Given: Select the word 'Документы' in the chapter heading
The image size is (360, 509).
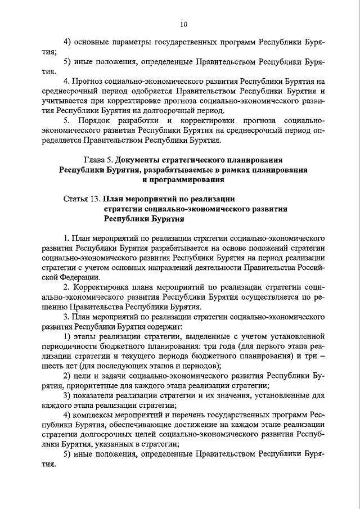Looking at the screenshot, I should (x=139, y=160).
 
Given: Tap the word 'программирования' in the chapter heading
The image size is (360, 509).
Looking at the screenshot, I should (x=189, y=180).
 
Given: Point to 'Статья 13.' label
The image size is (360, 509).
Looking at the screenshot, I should (x=82, y=199).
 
